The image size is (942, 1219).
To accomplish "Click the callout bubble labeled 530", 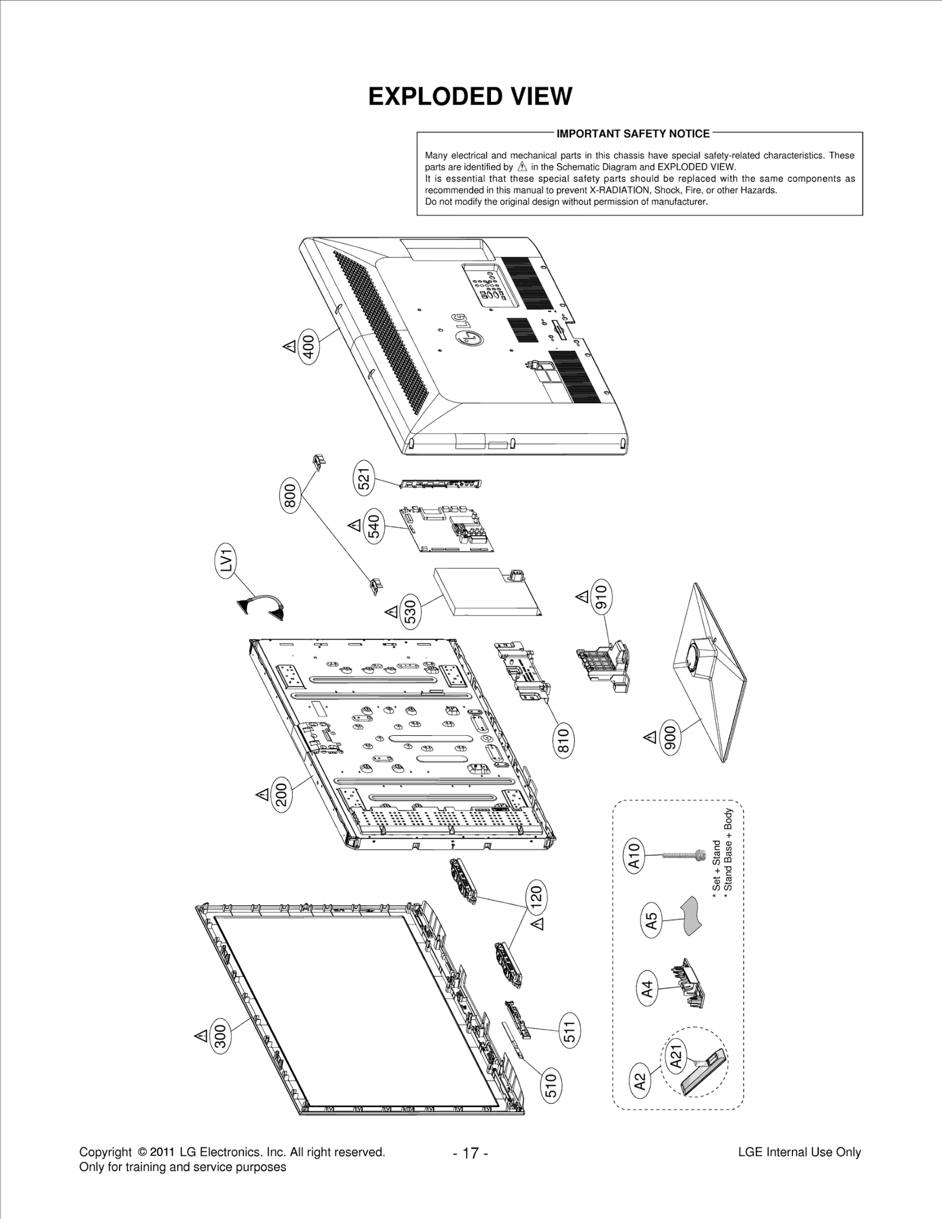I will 410,612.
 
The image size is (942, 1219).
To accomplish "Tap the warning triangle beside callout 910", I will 582,597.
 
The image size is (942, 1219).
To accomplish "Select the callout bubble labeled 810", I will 563,741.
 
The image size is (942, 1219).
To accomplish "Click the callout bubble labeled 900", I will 670,738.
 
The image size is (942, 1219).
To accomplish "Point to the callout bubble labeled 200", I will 281,795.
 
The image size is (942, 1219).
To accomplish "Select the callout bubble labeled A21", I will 676,1055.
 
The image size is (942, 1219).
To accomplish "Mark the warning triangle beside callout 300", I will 200,1035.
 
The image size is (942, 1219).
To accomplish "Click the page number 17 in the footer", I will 470,1152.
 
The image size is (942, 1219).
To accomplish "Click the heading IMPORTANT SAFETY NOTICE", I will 633,134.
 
